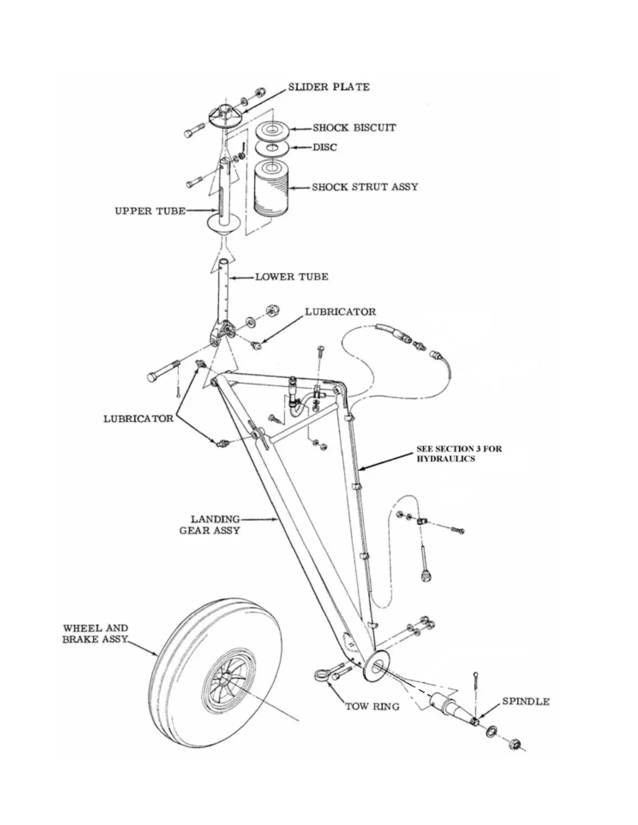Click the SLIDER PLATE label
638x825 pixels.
coord(328,87)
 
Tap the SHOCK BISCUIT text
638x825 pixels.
coord(354,128)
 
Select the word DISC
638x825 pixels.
coord(324,147)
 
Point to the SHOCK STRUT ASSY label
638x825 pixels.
coord(365,187)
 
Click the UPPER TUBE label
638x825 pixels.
coord(150,211)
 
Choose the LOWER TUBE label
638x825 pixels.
coord(291,277)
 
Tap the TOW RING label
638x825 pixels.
coord(372,707)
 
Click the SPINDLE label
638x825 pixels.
coord(525,702)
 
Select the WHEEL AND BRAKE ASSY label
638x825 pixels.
coord(95,634)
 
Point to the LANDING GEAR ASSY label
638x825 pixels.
coord(210,524)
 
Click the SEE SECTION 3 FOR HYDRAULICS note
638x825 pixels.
coord(459,453)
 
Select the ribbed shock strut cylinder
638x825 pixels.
coord(271,189)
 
